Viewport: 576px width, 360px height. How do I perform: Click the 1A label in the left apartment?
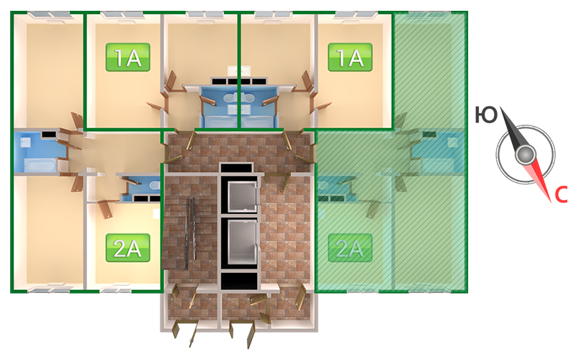[128, 58]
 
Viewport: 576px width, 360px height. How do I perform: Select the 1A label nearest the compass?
[350, 58]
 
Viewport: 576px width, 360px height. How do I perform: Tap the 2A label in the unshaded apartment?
[128, 248]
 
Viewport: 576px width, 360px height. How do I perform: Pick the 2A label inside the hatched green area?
[350, 248]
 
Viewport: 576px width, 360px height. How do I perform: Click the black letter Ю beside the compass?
[486, 115]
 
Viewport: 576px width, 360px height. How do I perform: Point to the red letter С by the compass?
[561, 194]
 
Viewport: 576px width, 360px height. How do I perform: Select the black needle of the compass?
[511, 128]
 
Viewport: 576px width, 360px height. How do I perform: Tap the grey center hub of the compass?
[526, 154]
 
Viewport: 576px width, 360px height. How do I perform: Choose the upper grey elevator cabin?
[242, 197]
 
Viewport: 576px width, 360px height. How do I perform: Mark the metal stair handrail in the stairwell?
[189, 233]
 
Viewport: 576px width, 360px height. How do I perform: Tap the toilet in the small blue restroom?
[155, 185]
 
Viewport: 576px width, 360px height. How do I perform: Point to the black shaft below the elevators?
[239, 281]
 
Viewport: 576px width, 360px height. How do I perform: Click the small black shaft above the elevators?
[237, 168]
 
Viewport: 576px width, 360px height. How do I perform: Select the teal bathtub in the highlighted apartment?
[441, 165]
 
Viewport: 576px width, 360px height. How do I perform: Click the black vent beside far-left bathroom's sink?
[48, 135]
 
